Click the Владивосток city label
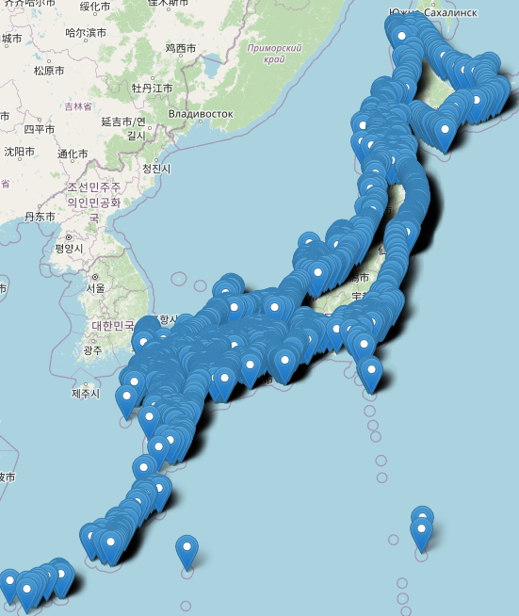tap(201, 114)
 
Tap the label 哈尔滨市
tap(86, 32)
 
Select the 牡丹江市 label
tap(152, 88)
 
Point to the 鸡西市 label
tap(180, 47)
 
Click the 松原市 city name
tap(48, 70)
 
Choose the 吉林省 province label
tap(73, 106)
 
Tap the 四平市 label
tap(41, 128)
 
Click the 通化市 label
tap(73, 154)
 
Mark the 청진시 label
tap(156, 168)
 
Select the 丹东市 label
tap(40, 216)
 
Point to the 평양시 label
tap(69, 249)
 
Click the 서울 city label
tap(95, 288)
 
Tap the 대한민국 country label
tap(113, 326)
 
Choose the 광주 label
tap(92, 350)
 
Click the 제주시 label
tap(85, 393)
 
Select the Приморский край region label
tap(273, 53)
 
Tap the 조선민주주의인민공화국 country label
tap(94, 195)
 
